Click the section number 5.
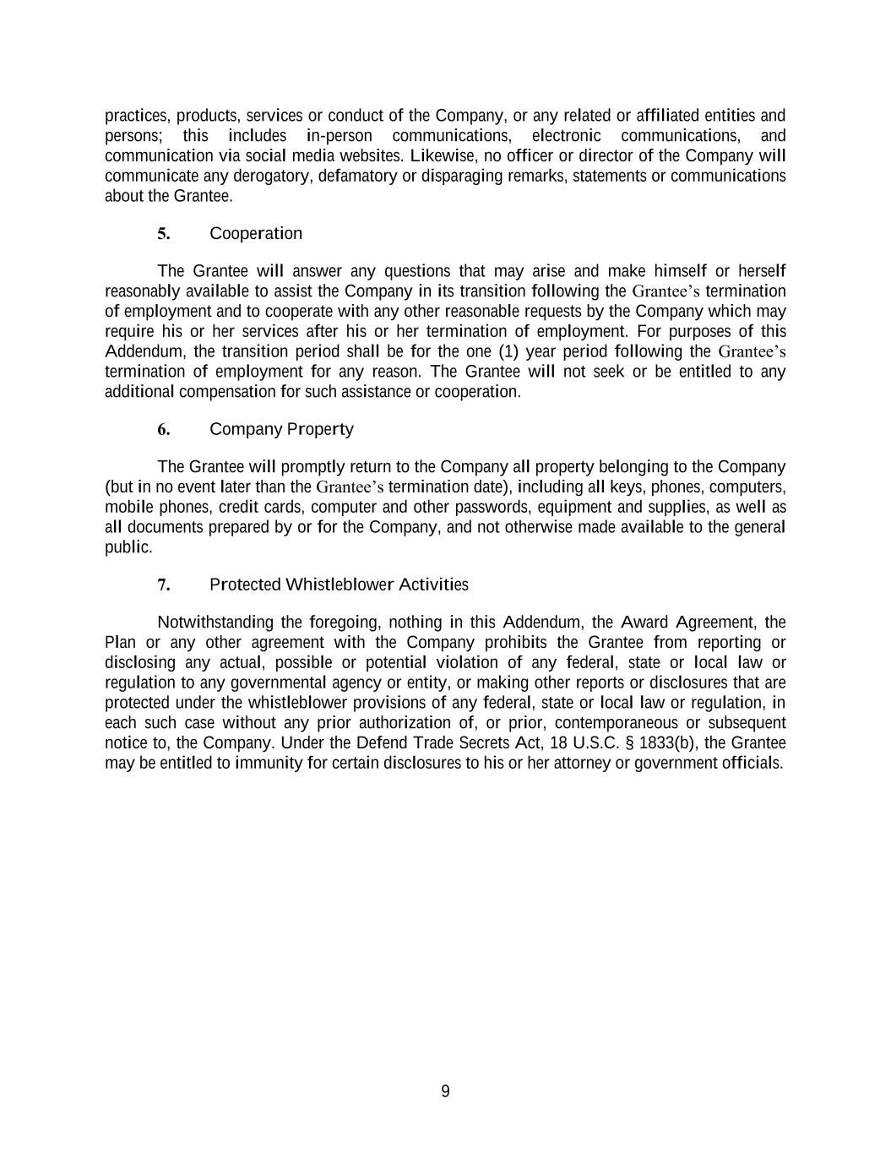coord(164,234)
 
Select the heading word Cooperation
coord(255,234)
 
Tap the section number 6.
coord(164,430)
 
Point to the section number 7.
coord(164,585)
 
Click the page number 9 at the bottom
coord(445,1092)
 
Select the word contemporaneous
coord(616,723)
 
